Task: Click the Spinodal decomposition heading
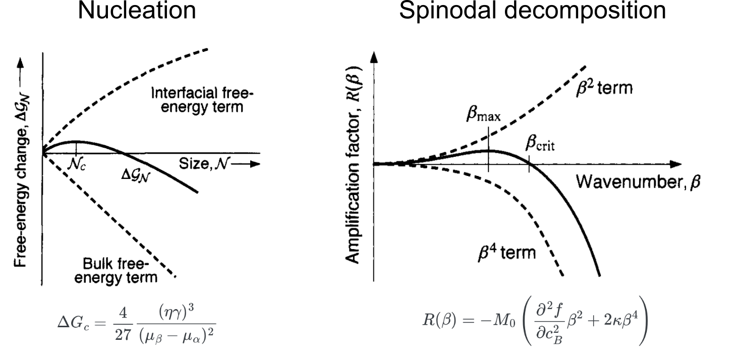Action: [x=532, y=11]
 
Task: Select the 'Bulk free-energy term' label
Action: [x=117, y=270]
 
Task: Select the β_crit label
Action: [x=540, y=145]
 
